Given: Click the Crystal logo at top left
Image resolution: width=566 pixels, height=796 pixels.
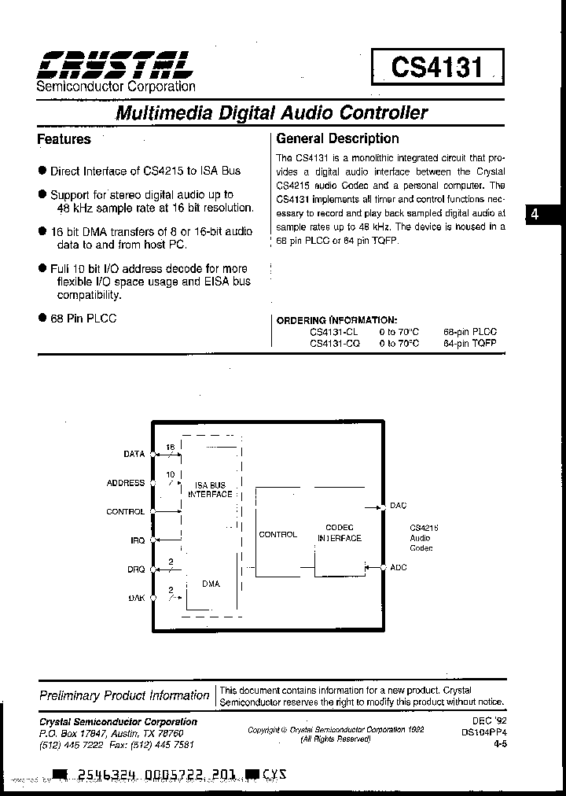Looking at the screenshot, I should click(x=114, y=64).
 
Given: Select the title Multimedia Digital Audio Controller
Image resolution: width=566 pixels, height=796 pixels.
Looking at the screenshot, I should click(x=271, y=112).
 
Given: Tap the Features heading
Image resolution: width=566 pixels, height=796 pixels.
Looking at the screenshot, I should click(x=64, y=139).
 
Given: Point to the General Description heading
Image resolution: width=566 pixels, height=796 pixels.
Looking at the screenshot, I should click(x=337, y=138).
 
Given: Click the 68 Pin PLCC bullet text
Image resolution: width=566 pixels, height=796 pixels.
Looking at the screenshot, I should click(x=83, y=319).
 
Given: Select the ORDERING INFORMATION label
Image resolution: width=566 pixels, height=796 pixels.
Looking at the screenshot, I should click(x=336, y=320).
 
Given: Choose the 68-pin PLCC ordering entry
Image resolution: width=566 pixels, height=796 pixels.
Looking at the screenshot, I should click(x=469, y=332).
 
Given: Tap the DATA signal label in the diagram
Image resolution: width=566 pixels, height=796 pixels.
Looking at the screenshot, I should click(x=134, y=454).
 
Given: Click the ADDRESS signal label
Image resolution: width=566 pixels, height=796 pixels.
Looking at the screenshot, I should click(x=126, y=483).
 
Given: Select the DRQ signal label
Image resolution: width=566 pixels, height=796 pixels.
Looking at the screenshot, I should click(x=135, y=569).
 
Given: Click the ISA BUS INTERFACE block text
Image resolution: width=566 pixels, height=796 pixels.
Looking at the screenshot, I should click(x=210, y=489).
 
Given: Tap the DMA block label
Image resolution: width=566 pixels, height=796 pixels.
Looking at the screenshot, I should click(x=210, y=584).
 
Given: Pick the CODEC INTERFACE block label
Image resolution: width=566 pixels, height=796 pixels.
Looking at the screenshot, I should click(x=340, y=533).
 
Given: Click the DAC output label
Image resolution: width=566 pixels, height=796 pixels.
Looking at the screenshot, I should click(x=398, y=506).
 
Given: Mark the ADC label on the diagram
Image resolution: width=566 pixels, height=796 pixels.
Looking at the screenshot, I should click(x=398, y=567).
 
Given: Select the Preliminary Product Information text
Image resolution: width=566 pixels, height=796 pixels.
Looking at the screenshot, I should click(x=124, y=695).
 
